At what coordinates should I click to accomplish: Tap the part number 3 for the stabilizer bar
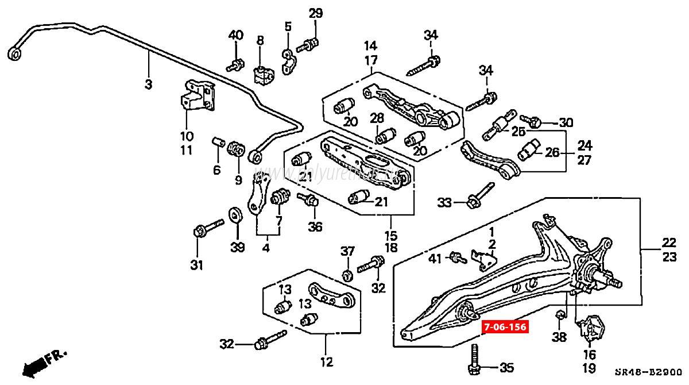click(148, 84)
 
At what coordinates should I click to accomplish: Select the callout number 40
click(236, 35)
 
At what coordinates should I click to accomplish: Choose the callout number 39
click(237, 247)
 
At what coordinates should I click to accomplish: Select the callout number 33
click(444, 202)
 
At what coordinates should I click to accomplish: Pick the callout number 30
click(566, 122)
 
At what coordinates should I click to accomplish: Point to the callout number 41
click(436, 259)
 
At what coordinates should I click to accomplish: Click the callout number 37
click(348, 252)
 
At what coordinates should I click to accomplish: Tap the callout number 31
click(197, 265)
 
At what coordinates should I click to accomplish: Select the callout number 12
click(326, 362)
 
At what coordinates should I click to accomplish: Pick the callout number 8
click(260, 40)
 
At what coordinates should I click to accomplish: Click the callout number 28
click(377, 118)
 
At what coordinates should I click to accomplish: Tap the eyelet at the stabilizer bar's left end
click(15, 54)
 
